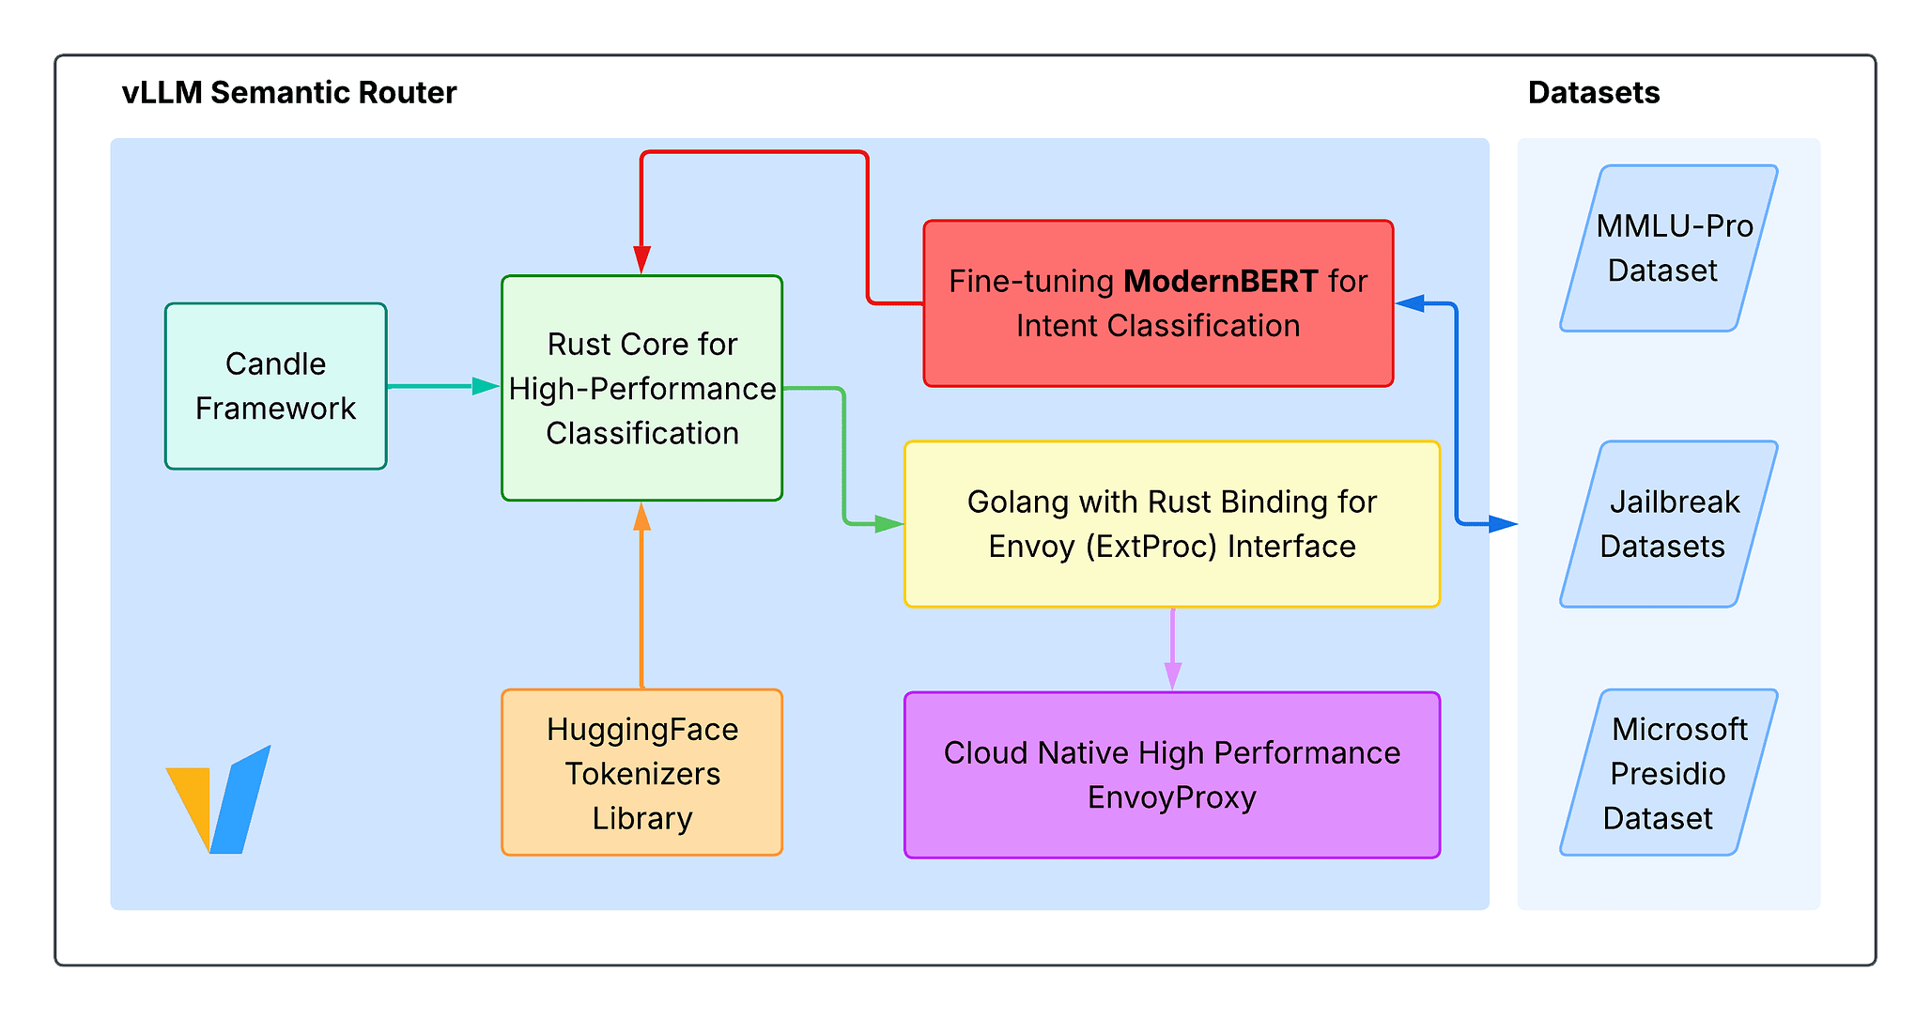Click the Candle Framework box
[x=275, y=386]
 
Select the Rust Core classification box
[x=641, y=388]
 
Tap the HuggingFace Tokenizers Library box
[x=641, y=773]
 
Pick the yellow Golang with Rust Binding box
[x=1171, y=524]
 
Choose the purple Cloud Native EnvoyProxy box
[x=1171, y=775]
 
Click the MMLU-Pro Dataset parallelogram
[x=1669, y=248]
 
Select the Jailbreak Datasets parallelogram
[x=1669, y=524]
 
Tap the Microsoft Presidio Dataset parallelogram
[x=1669, y=773]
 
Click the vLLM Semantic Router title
[x=288, y=92]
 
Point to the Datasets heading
[x=1593, y=92]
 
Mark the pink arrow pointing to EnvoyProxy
[x=1172, y=648]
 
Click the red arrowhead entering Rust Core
[x=641, y=260]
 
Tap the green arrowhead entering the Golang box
[x=888, y=524]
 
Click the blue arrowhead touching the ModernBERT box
[x=1410, y=303]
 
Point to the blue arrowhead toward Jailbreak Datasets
[x=1503, y=524]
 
